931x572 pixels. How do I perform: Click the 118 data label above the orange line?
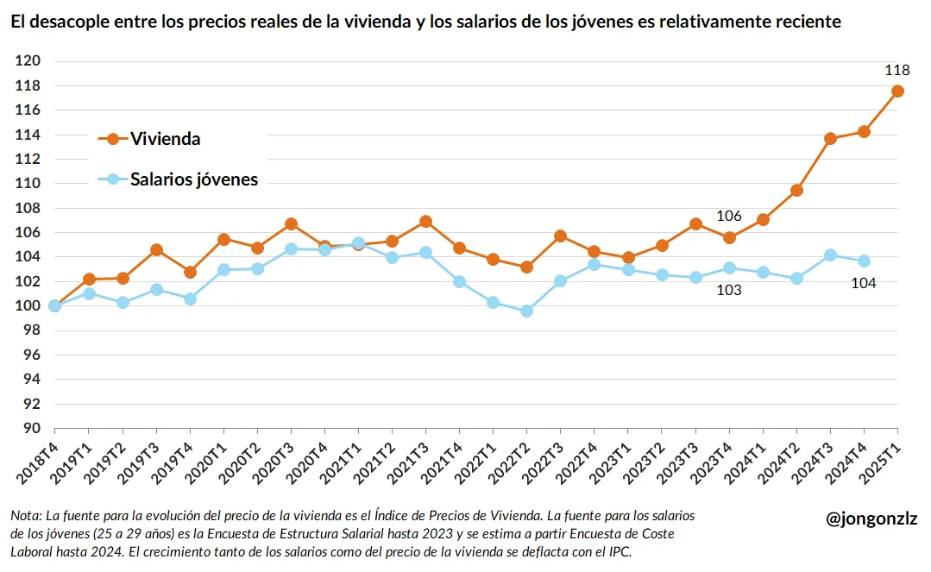pos(897,71)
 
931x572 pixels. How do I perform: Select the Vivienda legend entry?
pos(165,138)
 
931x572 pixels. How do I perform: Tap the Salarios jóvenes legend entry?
pos(193,179)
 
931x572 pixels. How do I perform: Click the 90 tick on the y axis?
pos(32,428)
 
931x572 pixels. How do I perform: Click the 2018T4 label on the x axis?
pos(40,457)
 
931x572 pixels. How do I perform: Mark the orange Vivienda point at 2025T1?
pos(897,91)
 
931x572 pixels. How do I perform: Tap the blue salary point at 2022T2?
pos(526,311)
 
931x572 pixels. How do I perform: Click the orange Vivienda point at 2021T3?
pos(425,222)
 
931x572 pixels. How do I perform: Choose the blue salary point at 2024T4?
pos(864,261)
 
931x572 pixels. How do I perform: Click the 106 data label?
pos(729,216)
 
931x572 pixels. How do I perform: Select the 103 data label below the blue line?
pos(729,290)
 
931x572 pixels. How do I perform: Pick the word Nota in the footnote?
pos(26,515)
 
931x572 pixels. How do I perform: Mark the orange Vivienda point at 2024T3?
pos(830,138)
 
